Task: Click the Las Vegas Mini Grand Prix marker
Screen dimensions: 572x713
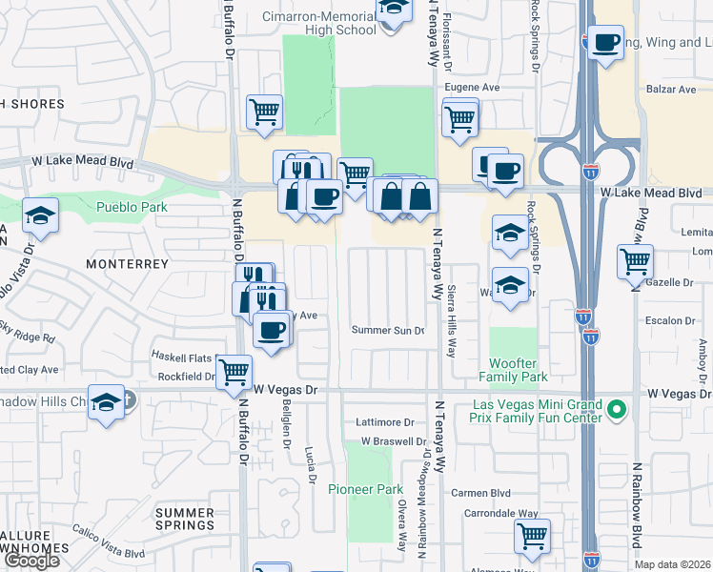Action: pos(617,410)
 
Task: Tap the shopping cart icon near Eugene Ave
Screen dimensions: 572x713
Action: pos(459,120)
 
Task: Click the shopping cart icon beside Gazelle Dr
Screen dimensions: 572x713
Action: pos(635,259)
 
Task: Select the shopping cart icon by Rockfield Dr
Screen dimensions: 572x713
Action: pos(234,371)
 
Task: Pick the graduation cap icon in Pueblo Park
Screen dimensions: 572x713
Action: pos(40,215)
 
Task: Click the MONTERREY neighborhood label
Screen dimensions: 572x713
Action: pos(128,263)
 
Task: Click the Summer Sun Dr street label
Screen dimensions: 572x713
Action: pos(387,331)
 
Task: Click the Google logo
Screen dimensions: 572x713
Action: pos(31,561)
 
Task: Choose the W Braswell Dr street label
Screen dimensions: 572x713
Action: pos(393,441)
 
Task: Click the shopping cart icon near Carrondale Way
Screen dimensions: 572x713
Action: pos(531,535)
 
